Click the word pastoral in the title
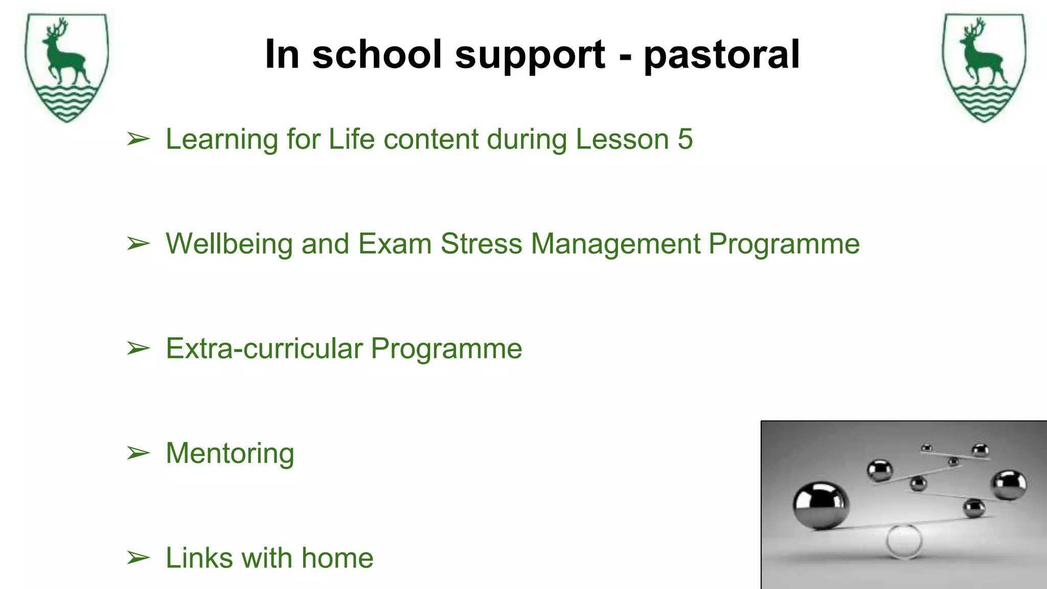click(x=721, y=55)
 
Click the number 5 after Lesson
click(x=685, y=139)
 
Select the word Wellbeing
click(x=229, y=244)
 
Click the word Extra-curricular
click(x=264, y=349)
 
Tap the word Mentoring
click(x=230, y=454)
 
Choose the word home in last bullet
click(x=337, y=558)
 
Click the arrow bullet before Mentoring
click(x=138, y=454)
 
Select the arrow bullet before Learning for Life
click(x=138, y=139)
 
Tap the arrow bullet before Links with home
click(x=138, y=558)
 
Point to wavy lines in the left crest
click(x=66, y=100)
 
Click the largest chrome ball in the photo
click(x=821, y=504)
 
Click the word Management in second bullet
click(x=616, y=244)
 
